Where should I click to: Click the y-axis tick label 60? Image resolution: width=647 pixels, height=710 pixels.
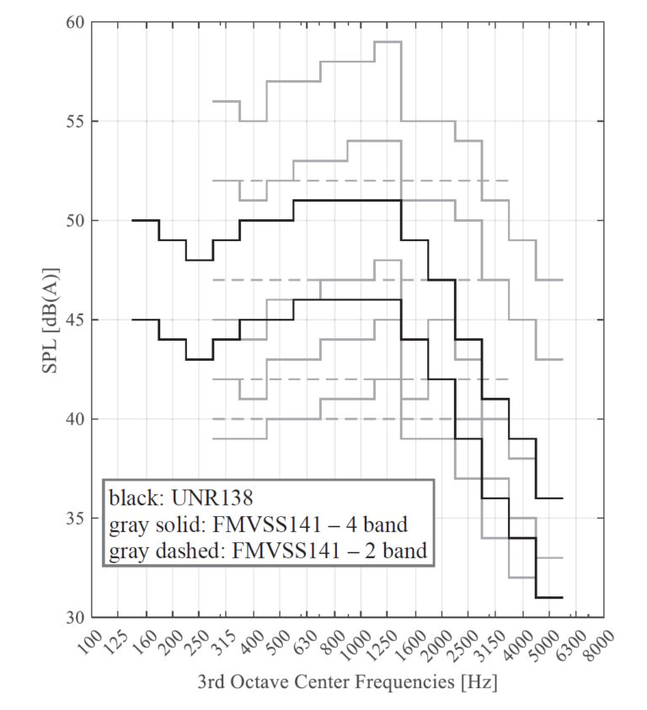75,23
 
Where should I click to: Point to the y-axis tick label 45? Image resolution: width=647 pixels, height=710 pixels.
75,320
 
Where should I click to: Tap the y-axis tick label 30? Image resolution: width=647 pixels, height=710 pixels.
75,617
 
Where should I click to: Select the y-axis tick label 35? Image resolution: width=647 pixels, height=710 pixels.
75,519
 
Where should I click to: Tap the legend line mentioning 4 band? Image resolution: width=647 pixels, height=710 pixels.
258,526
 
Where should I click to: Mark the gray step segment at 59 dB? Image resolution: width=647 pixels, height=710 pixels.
388,41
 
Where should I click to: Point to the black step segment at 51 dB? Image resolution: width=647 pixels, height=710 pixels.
346,200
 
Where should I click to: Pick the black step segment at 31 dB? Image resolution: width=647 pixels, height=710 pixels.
548,597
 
